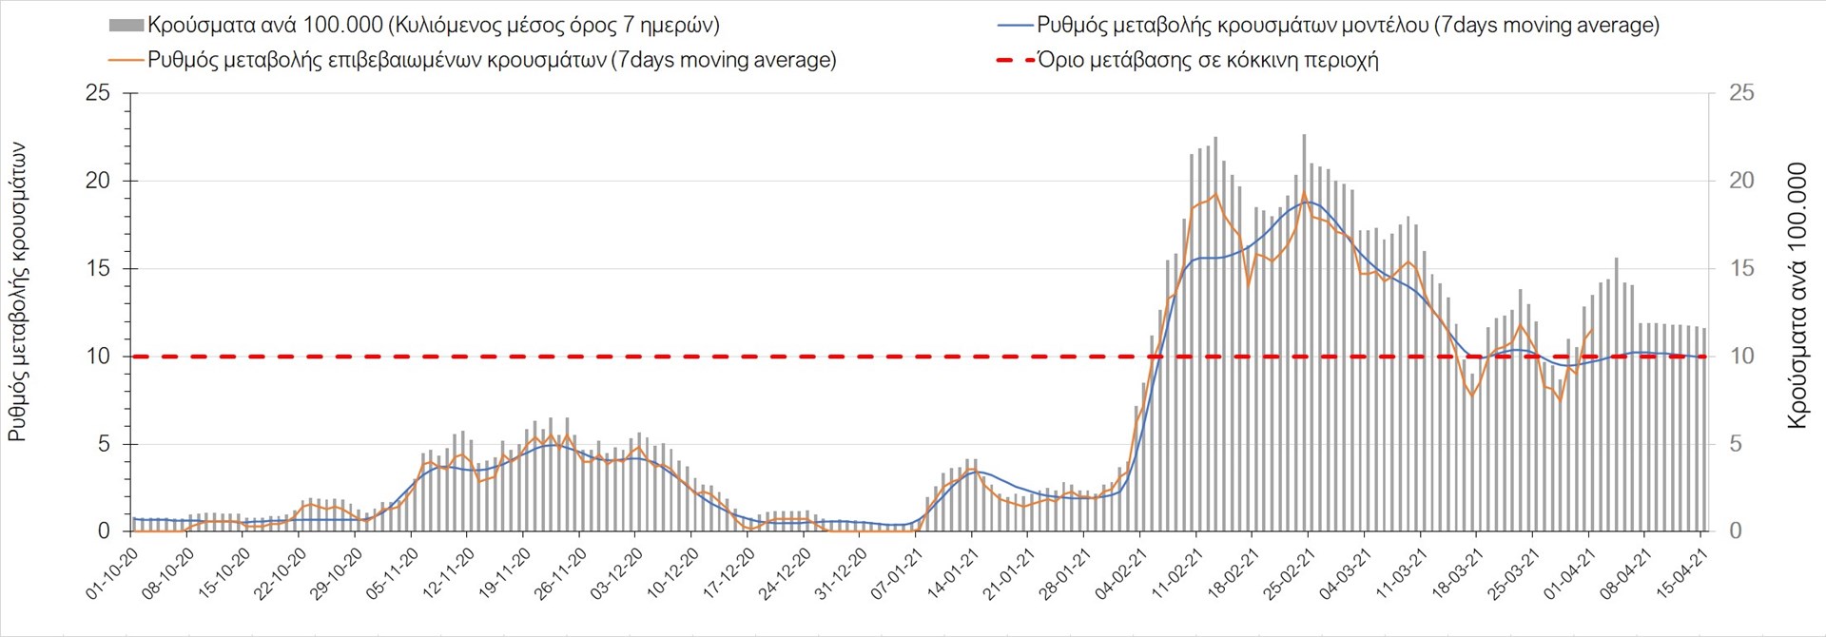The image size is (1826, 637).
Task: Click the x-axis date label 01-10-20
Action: coord(112,574)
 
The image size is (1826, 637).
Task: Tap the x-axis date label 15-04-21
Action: coord(1682,574)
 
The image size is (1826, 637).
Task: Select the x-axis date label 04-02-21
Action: coord(1121,574)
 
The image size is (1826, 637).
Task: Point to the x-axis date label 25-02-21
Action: coord(1290,574)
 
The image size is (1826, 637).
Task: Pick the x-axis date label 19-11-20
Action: coord(505,574)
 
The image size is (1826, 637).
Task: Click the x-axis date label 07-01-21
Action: coord(897,574)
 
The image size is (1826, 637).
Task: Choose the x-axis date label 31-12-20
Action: coord(841,574)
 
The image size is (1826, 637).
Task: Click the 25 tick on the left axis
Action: coord(98,93)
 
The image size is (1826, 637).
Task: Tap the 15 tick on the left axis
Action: coord(98,269)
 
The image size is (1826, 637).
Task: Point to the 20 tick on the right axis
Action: coord(1740,181)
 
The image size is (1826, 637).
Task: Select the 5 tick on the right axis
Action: coord(1735,444)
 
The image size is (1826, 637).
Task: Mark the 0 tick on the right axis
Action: coord(1735,531)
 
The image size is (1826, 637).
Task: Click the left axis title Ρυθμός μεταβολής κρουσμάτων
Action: coord(17,293)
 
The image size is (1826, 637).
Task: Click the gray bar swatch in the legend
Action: coord(126,26)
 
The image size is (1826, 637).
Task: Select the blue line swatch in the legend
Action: coord(1015,26)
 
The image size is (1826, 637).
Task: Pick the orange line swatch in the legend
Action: coord(126,60)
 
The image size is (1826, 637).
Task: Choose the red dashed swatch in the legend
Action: coord(1015,60)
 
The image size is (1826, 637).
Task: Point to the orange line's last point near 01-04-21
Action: coord(1592,330)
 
